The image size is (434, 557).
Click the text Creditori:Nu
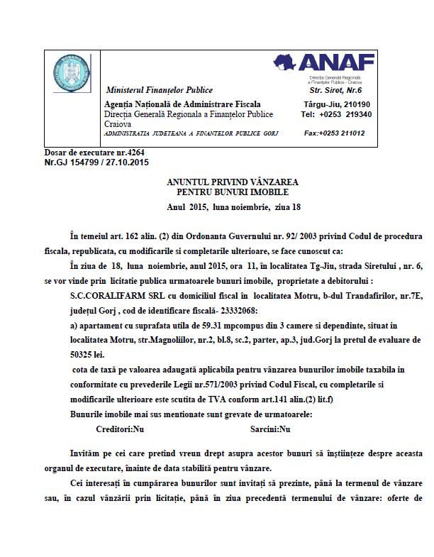[120, 429]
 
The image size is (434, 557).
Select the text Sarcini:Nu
[270, 429]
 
